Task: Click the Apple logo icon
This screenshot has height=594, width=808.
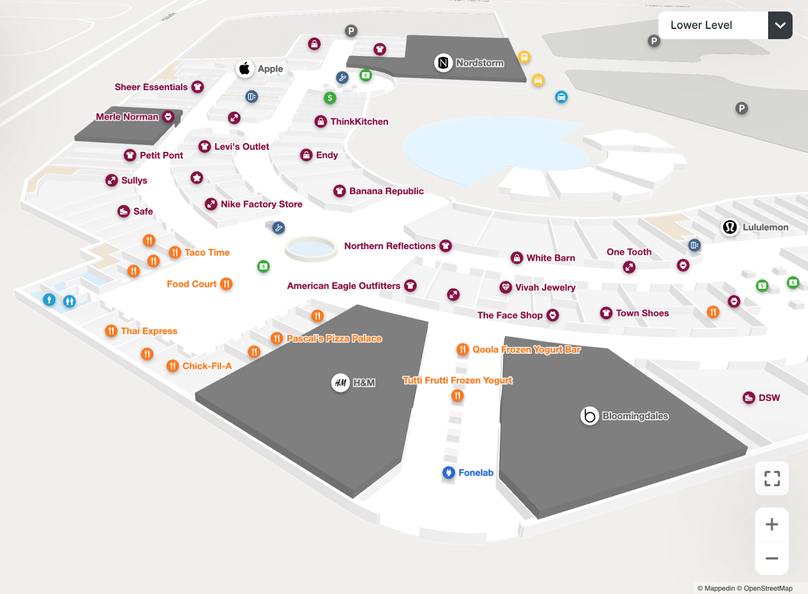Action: click(244, 68)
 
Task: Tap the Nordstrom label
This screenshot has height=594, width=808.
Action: click(479, 63)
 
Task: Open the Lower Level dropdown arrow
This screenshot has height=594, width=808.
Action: click(780, 25)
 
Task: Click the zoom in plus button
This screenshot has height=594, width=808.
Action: click(771, 524)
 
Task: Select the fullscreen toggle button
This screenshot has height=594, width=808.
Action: click(771, 478)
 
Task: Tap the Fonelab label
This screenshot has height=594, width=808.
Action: click(475, 473)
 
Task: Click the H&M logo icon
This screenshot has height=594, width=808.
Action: click(340, 382)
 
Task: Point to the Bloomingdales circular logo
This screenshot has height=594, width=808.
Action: click(589, 416)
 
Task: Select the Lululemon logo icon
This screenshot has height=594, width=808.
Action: click(729, 227)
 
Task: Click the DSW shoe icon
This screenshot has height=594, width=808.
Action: click(748, 398)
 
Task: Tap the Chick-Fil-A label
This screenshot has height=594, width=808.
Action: click(207, 366)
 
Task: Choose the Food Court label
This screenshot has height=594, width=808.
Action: click(191, 284)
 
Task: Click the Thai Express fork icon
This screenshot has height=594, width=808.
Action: click(111, 331)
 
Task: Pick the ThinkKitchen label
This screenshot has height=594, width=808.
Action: click(359, 122)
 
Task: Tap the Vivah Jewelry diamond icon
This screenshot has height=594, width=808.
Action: click(506, 287)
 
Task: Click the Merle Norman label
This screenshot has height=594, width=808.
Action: click(127, 117)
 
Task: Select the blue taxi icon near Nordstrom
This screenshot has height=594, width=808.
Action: click(561, 97)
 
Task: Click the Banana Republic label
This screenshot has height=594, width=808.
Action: click(386, 191)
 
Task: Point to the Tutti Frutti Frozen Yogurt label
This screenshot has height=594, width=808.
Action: click(457, 380)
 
